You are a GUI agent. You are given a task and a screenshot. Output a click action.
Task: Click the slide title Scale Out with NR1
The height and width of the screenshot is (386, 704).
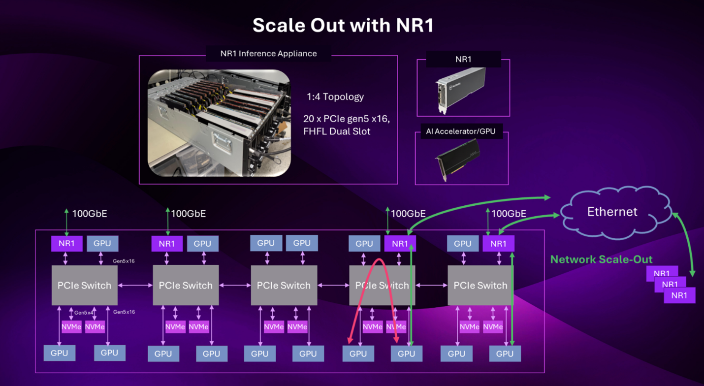(343, 25)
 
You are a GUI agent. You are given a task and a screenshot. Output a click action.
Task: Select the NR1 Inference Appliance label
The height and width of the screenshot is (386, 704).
(268, 54)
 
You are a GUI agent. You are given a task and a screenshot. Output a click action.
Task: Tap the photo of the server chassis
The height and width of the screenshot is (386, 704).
(219, 123)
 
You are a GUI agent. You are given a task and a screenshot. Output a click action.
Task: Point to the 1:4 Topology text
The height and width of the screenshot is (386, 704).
(335, 96)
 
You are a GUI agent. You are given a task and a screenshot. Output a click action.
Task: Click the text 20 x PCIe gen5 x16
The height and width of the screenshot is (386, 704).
(347, 119)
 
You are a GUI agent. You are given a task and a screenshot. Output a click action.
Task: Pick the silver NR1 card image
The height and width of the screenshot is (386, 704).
(460, 89)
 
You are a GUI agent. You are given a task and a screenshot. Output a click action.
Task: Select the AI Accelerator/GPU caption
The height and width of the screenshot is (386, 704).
(461, 131)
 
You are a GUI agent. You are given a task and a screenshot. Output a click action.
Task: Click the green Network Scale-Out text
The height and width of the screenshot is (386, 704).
(601, 259)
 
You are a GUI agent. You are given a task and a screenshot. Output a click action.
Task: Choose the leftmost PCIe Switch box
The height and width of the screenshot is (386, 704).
(84, 286)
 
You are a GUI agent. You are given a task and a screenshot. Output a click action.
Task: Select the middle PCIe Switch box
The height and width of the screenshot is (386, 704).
(284, 286)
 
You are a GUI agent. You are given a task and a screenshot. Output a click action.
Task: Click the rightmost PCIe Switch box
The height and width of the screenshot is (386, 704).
(480, 286)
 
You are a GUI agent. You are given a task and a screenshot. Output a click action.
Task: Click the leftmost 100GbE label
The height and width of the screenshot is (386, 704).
(90, 214)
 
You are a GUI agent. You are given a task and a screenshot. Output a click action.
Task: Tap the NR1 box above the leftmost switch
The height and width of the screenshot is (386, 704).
(67, 243)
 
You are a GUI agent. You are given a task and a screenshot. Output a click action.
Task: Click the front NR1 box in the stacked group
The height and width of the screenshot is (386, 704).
(679, 295)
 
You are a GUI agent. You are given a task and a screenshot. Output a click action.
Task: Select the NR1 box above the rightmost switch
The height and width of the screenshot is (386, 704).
(498, 243)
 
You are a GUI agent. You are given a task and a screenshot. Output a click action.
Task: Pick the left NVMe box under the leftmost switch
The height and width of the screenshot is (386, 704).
(71, 327)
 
